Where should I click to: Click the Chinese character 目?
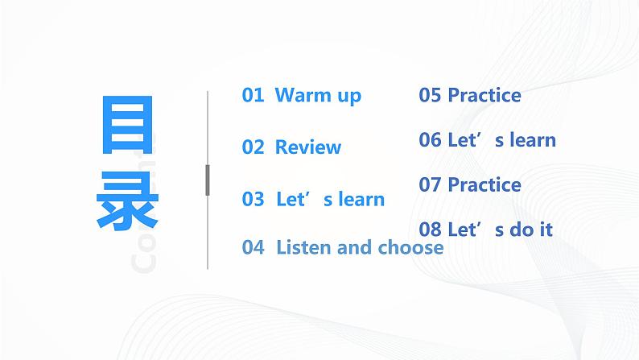click(x=126, y=126)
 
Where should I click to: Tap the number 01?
click(x=253, y=95)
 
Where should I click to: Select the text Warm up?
click(x=318, y=95)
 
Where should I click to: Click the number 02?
click(x=253, y=147)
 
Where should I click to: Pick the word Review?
click(x=308, y=147)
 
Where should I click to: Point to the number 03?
click(x=253, y=199)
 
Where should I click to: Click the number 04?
click(x=253, y=247)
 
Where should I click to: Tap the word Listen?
click(x=304, y=247)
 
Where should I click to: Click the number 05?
click(x=430, y=95)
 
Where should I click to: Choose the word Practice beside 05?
click(x=484, y=95)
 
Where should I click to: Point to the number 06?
click(x=430, y=139)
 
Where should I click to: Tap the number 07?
click(x=430, y=184)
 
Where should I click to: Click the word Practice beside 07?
click(x=484, y=184)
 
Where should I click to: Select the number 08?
click(x=430, y=230)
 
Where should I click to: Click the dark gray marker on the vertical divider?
click(x=208, y=180)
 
